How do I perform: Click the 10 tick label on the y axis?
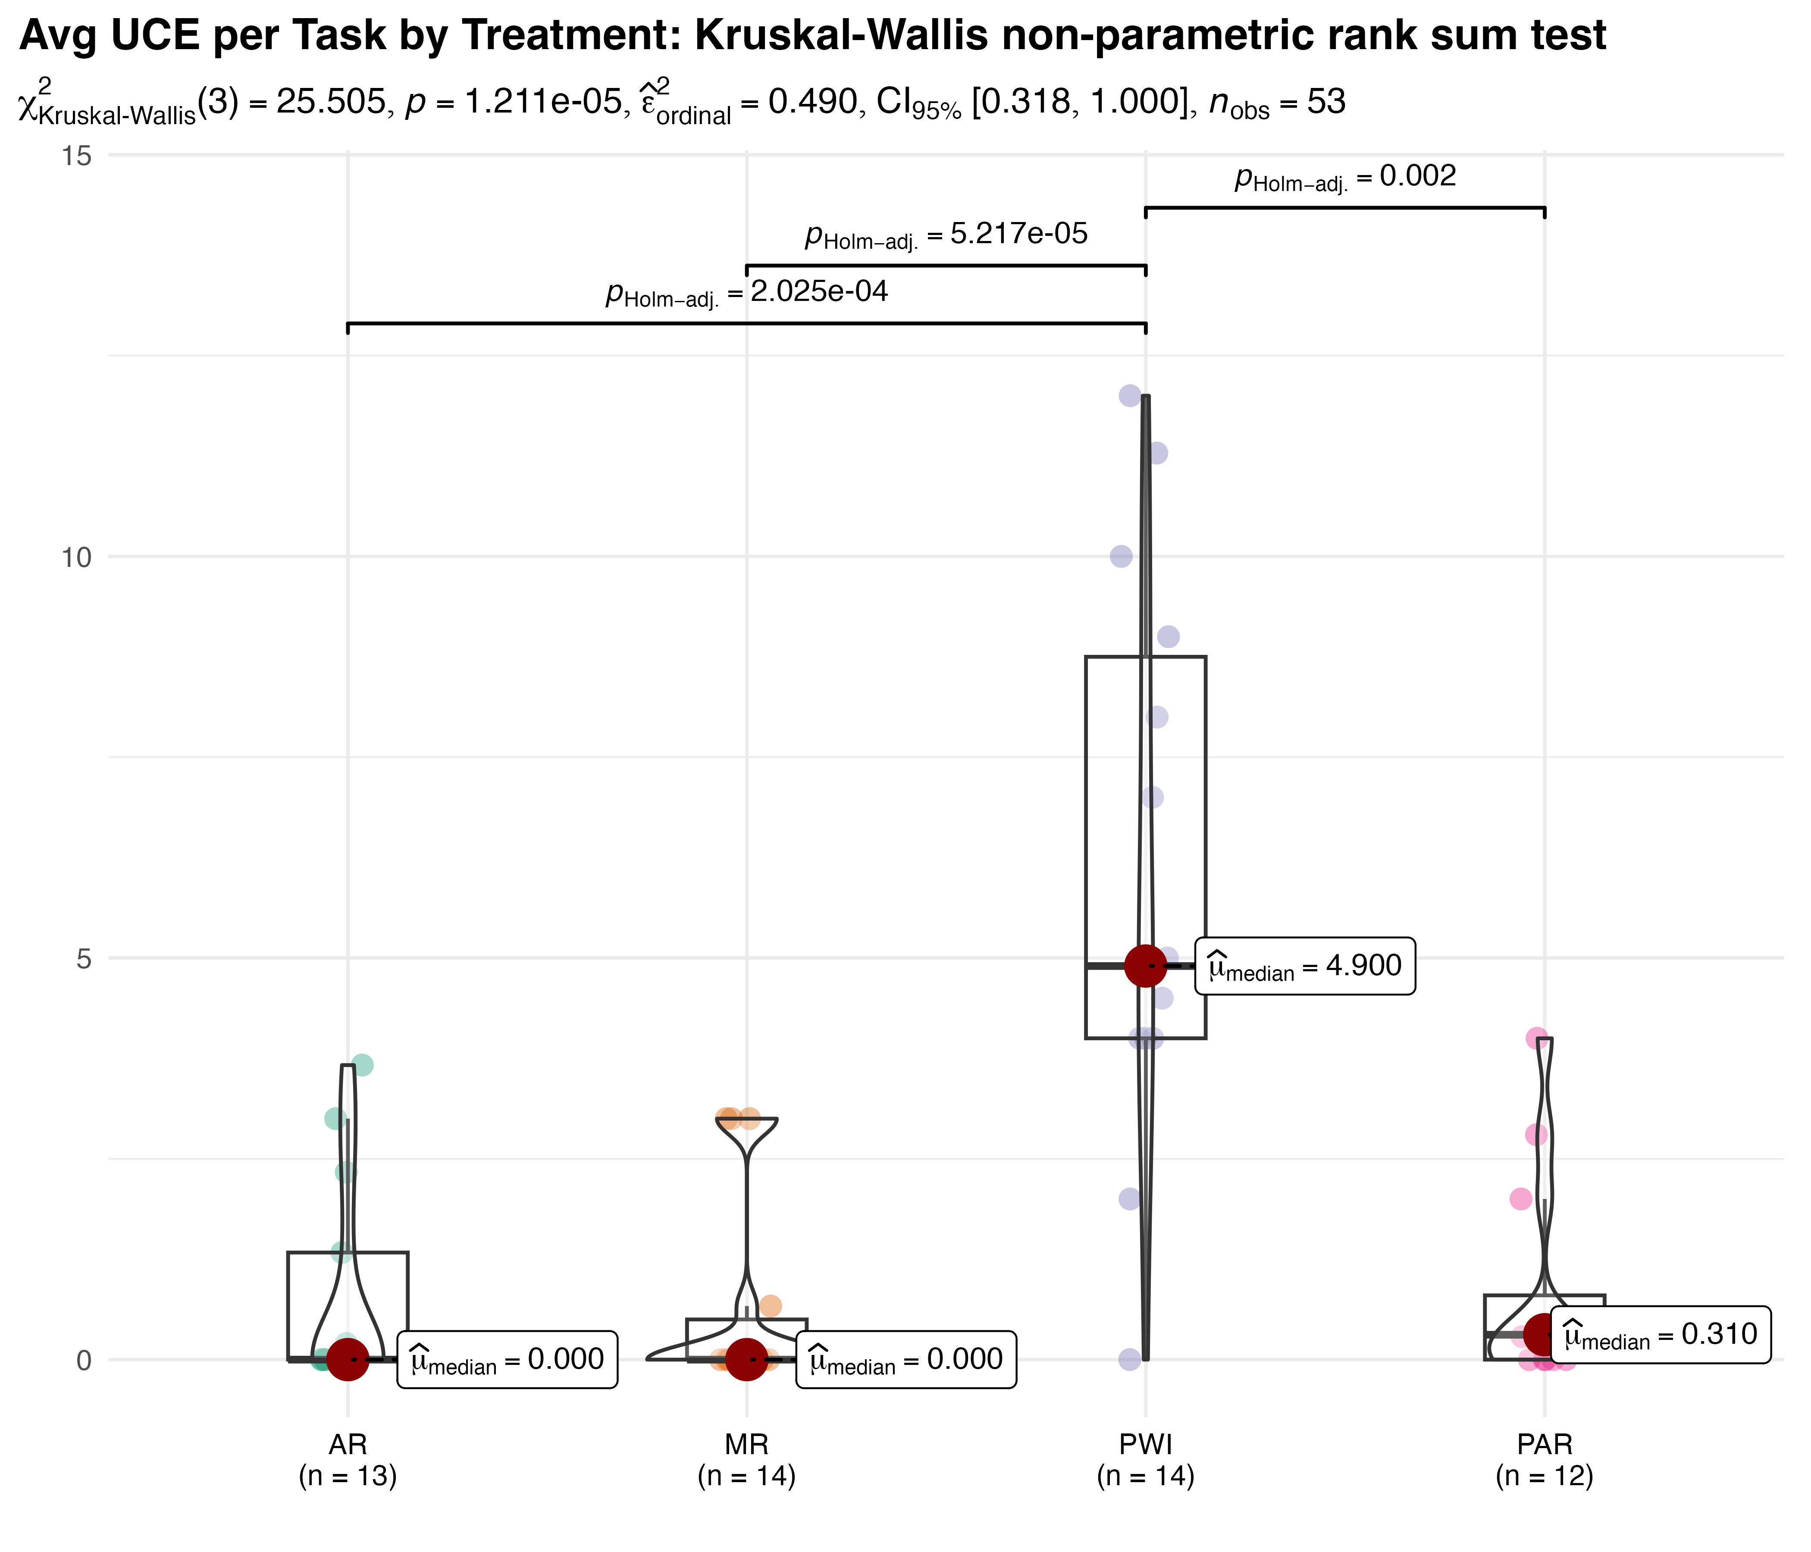pos(77,557)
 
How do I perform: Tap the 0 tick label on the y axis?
pos(84,1360)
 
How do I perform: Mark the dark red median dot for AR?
pos(348,1360)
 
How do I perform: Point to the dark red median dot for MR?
pos(746,1360)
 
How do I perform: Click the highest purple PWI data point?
pos(1130,396)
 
